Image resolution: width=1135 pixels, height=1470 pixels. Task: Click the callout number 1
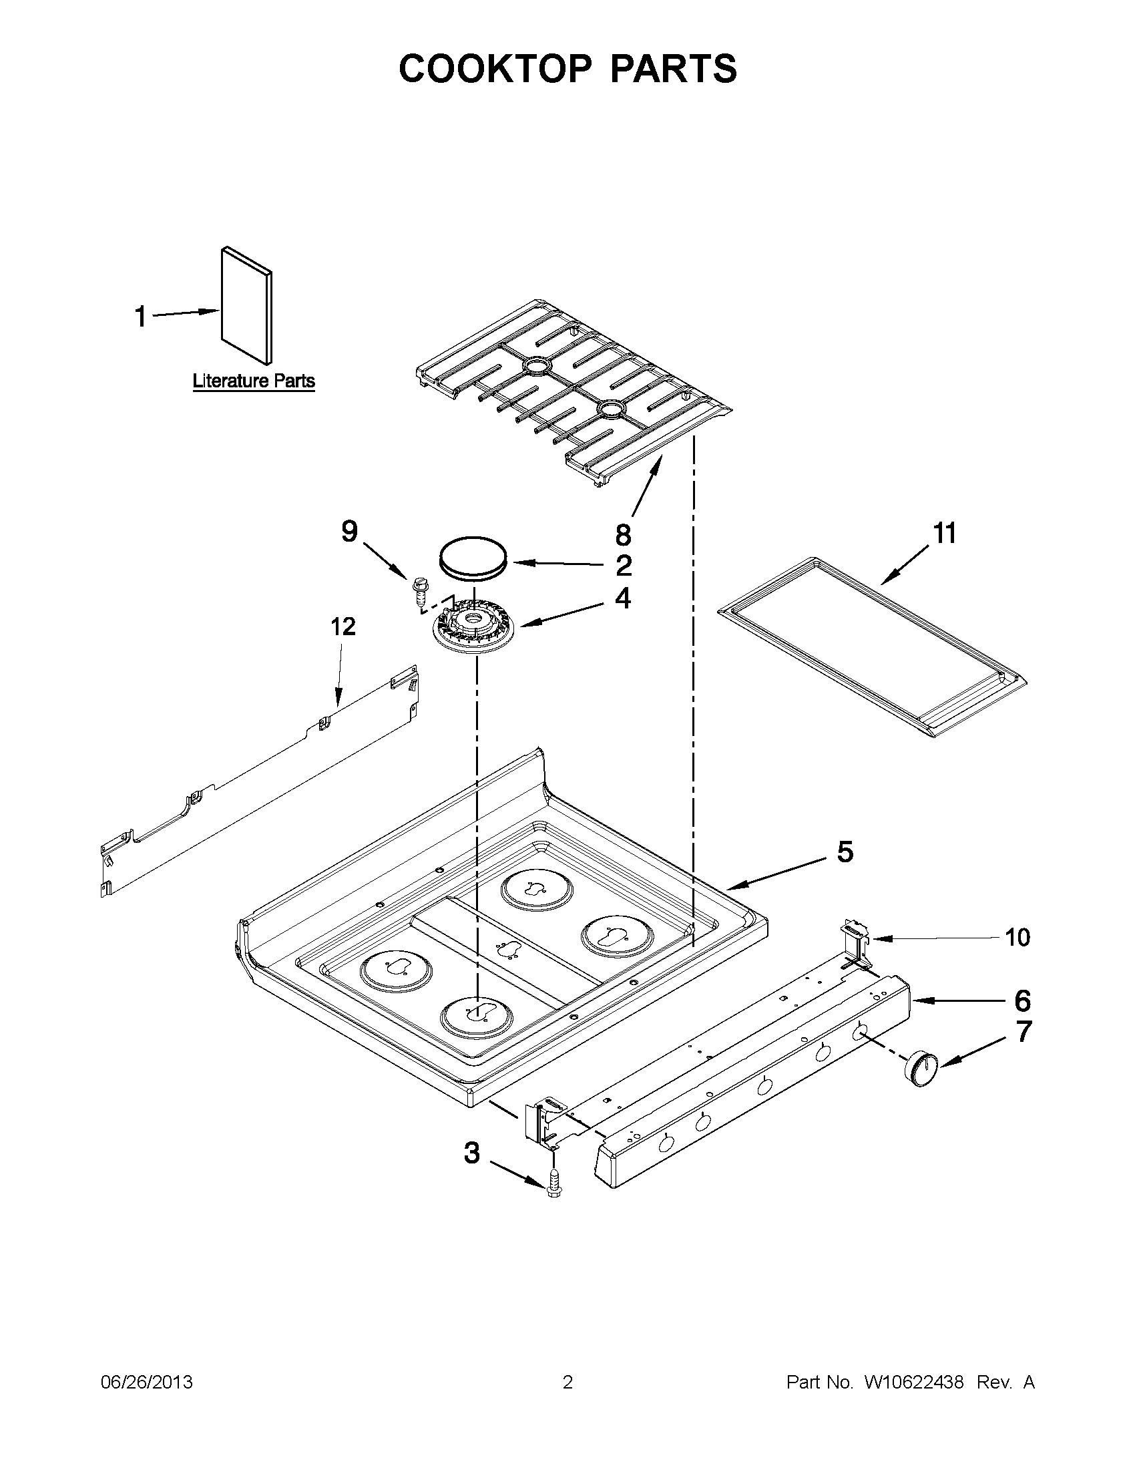141,317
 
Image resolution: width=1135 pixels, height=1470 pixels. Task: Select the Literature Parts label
254,381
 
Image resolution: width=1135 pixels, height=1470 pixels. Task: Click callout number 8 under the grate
623,535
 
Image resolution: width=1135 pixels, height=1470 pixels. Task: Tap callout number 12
343,626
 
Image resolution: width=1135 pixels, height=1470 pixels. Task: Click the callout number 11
944,534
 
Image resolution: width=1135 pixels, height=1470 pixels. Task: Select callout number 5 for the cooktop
845,852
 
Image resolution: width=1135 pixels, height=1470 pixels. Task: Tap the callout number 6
1022,1001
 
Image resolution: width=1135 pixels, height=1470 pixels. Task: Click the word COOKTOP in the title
495,69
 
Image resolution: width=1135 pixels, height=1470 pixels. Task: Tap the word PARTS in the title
674,69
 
